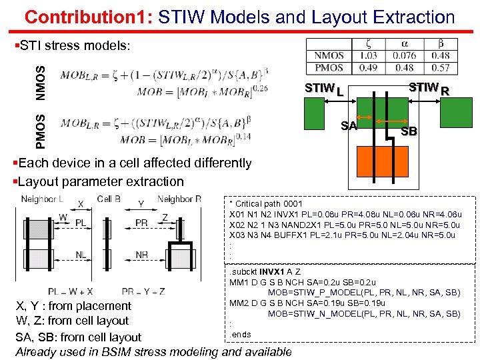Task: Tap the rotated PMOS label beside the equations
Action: coord(41,131)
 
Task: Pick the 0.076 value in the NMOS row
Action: coord(404,56)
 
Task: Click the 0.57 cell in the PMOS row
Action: coord(440,67)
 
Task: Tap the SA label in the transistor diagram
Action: coord(349,125)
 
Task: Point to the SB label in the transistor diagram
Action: coord(409,131)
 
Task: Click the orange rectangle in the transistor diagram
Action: coord(382,162)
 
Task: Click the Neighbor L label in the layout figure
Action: coord(42,199)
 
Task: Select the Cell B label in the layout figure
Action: coord(109,199)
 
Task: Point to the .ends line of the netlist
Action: coord(240,334)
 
